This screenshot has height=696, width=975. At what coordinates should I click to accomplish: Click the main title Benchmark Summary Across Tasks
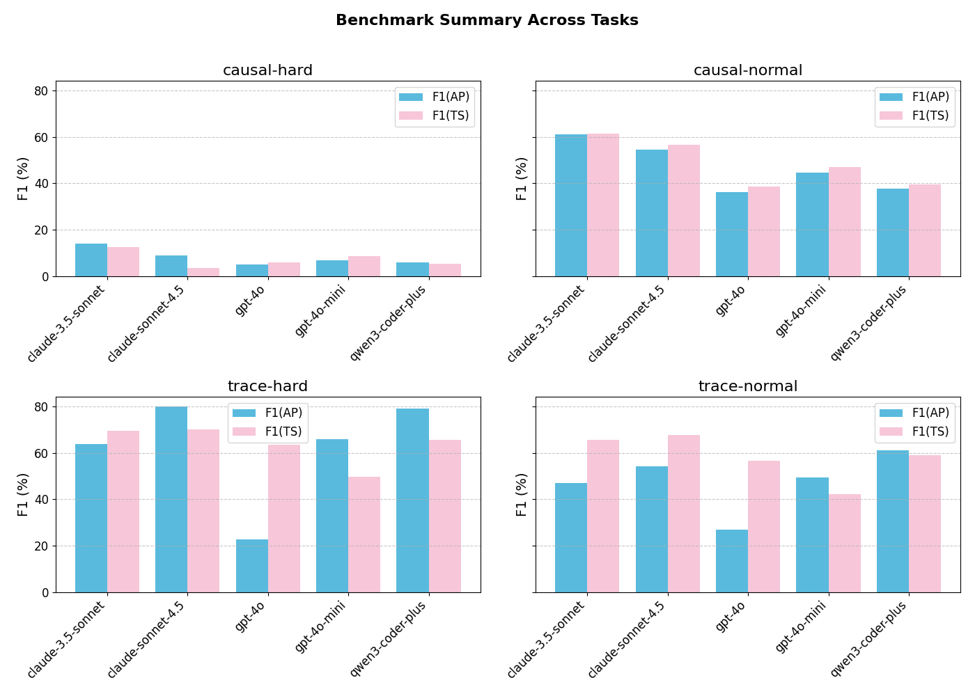click(x=487, y=20)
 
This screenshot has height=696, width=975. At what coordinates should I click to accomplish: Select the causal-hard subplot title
click(x=267, y=70)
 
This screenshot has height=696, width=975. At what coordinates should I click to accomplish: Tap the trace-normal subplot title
click(x=748, y=386)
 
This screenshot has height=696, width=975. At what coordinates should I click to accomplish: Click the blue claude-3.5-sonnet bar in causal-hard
click(x=91, y=260)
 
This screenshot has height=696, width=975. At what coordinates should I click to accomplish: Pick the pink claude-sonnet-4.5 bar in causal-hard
click(x=203, y=272)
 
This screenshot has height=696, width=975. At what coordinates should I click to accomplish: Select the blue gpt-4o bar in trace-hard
click(x=252, y=566)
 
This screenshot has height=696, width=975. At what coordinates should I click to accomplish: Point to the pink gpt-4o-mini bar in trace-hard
click(x=364, y=535)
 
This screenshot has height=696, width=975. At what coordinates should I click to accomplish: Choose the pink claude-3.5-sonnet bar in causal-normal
click(x=603, y=205)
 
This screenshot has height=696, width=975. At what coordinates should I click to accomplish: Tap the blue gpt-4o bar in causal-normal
click(x=732, y=235)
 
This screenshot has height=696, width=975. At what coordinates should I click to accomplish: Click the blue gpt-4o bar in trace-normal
click(x=732, y=561)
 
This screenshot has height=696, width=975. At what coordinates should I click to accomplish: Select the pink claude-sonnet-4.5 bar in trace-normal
click(x=684, y=514)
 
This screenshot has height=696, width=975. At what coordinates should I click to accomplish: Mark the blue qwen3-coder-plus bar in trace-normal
click(x=893, y=521)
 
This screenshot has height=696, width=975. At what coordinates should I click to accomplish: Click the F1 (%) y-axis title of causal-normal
click(x=522, y=179)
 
